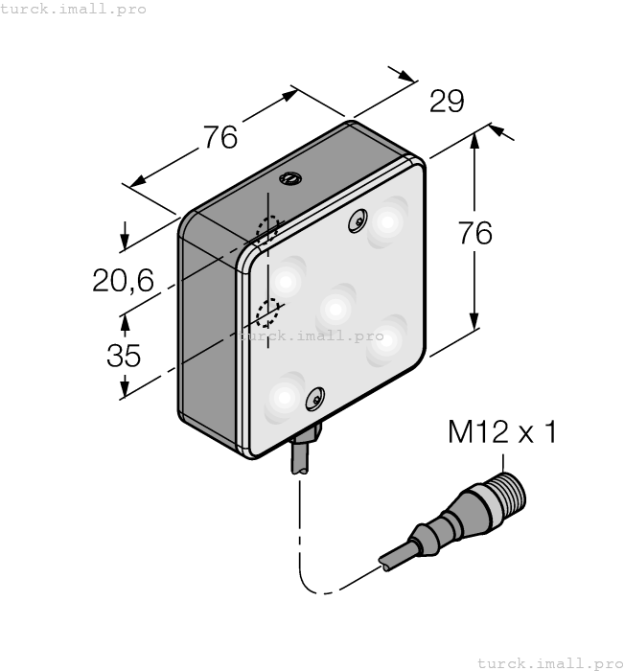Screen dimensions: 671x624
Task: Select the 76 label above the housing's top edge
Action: [220, 138]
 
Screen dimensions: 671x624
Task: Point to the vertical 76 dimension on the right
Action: [474, 233]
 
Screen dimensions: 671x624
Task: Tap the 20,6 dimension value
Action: [123, 280]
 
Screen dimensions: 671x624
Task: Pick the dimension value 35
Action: [123, 356]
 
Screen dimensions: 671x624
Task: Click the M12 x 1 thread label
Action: [502, 433]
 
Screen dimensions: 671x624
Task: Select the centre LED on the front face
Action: [336, 306]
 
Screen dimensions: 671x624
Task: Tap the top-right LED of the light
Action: [387, 221]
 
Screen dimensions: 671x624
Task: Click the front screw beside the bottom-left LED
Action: [312, 397]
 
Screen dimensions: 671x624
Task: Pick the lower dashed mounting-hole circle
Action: [269, 311]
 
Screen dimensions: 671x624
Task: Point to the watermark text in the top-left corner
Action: [74, 9]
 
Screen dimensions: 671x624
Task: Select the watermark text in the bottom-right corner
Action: [549, 662]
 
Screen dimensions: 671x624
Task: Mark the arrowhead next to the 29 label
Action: [407, 76]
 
